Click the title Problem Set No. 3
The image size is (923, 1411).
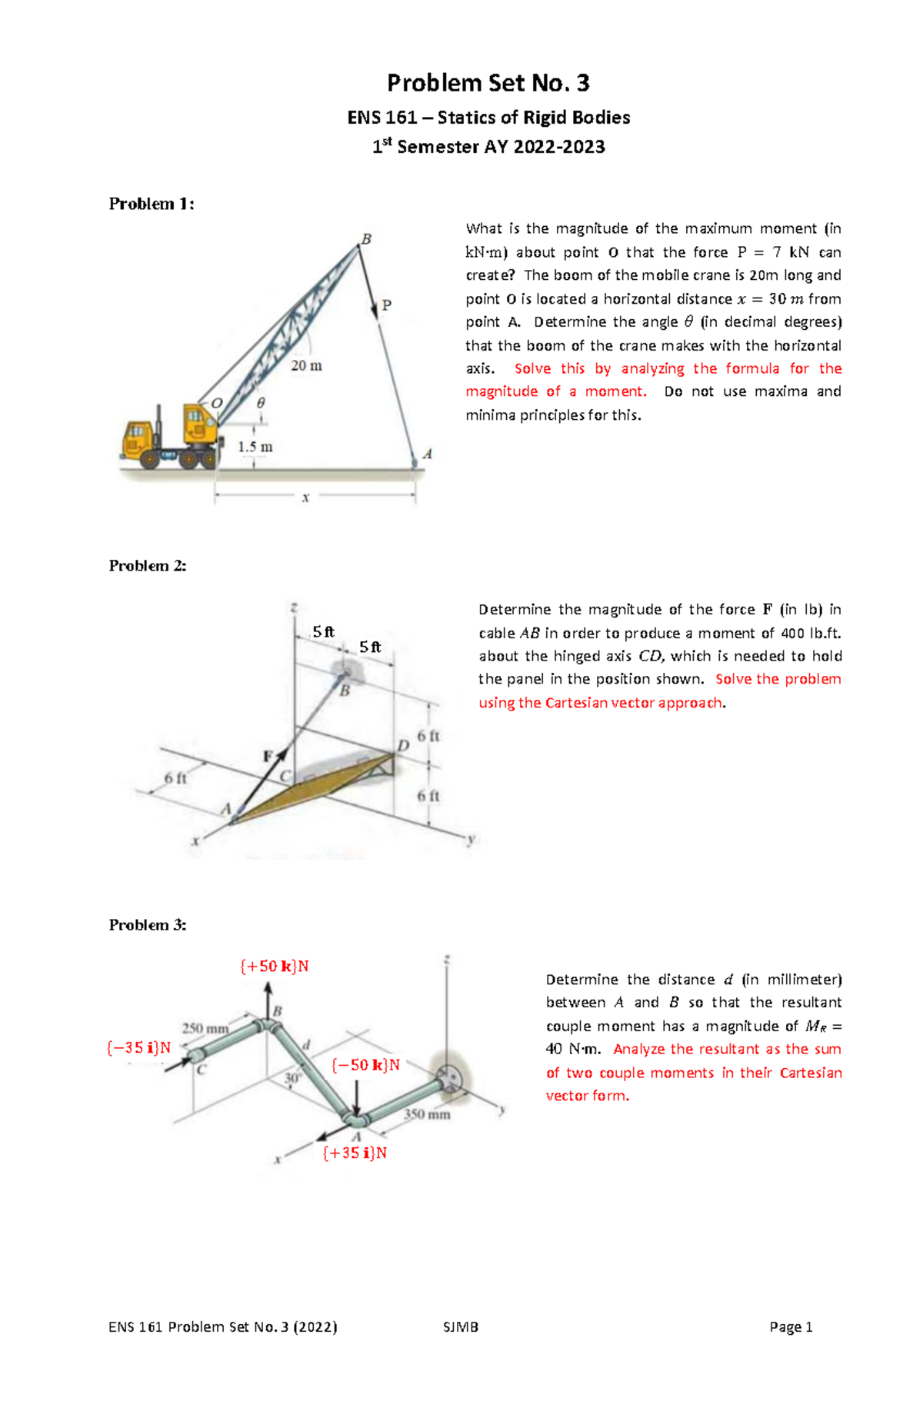488,83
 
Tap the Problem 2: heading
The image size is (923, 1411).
148,566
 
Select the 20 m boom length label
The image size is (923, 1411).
306,366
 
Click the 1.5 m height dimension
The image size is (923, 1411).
255,447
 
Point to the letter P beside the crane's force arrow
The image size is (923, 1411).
387,305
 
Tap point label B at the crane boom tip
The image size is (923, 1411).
366,239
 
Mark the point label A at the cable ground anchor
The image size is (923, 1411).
428,454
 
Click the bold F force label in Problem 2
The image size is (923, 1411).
268,757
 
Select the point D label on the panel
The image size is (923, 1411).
403,745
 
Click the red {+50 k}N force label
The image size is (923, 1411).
275,967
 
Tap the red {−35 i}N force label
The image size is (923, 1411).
138,1047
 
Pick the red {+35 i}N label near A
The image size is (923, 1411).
355,1153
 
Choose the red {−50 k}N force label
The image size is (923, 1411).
365,1065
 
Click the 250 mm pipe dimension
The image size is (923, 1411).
205,1028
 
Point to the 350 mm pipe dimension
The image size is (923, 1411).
427,1114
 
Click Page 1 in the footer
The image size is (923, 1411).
791,1326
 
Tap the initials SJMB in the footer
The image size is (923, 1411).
461,1326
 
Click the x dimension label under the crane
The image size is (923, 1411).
305,498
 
